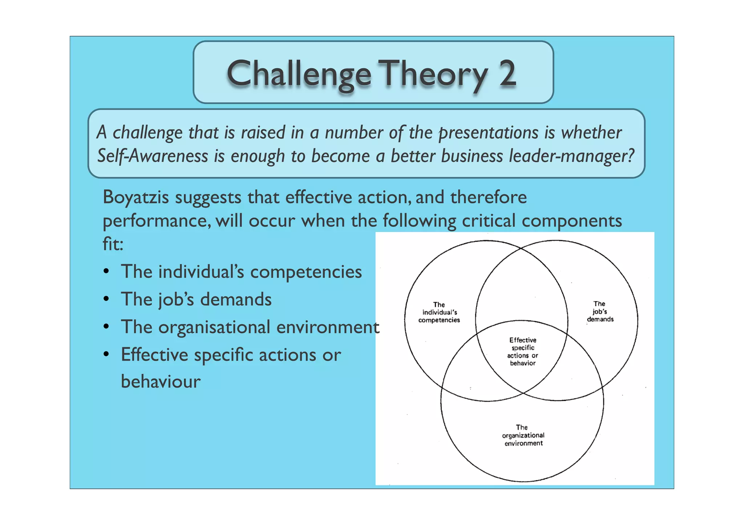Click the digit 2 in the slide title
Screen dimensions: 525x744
click(507, 74)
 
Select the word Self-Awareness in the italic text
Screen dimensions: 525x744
click(152, 156)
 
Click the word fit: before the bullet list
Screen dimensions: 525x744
click(113, 244)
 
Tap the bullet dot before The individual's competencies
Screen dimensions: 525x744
click(106, 272)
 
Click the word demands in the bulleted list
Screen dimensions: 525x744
click(236, 299)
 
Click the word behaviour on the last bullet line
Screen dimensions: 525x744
click(161, 382)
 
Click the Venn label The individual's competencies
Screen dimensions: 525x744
click(439, 312)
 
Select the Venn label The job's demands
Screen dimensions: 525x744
click(600, 312)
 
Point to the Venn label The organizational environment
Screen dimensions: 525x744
click(523, 435)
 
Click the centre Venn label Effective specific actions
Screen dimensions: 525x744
click(522, 352)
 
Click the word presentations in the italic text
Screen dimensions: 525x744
click(488, 132)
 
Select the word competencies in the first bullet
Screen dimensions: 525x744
click(306, 272)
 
